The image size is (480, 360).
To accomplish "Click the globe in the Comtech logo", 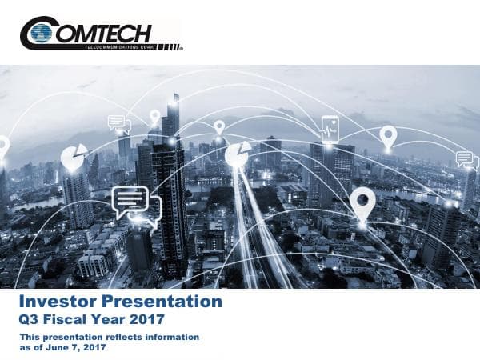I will click(41, 33).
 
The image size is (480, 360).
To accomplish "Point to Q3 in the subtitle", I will click(30, 320).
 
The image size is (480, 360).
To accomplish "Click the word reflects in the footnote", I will click(118, 338).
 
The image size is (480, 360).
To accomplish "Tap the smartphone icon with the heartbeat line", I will click(330, 129).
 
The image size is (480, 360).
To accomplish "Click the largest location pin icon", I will click(362, 202).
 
